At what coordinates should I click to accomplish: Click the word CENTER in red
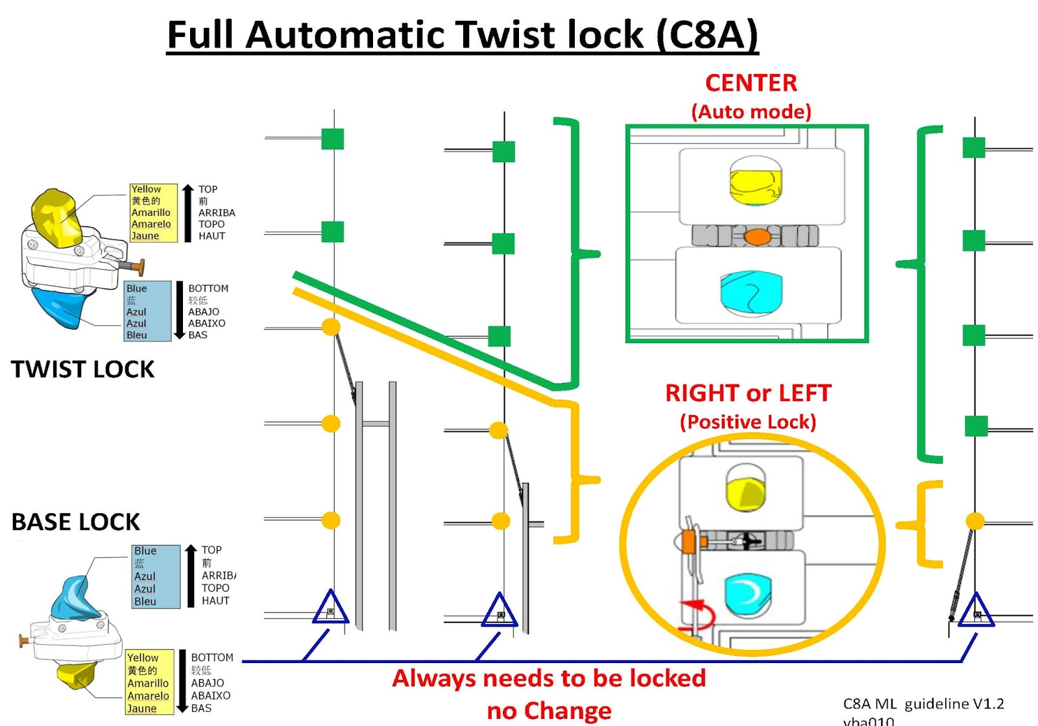pos(751,83)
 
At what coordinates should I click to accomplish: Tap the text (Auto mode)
pos(751,112)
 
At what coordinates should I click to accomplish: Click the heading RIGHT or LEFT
pos(748,393)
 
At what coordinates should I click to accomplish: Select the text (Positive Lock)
pos(748,422)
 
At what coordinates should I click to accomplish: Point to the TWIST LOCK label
pos(82,369)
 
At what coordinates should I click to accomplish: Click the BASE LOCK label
pos(75,522)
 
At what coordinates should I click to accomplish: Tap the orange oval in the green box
pos(757,237)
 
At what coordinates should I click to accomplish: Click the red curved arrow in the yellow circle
pos(701,612)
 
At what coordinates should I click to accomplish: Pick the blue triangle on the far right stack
pos(976,611)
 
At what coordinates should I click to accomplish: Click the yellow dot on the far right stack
pos(974,520)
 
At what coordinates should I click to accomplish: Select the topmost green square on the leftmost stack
pos(333,139)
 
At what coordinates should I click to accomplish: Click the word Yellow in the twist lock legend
pos(146,189)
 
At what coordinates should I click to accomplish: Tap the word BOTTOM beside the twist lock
pos(208,288)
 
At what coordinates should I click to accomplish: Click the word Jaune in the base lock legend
pos(141,708)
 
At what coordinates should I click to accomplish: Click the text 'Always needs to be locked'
pos(549,678)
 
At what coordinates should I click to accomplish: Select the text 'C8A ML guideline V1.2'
pos(923,703)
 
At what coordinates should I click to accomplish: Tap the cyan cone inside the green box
pos(751,293)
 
